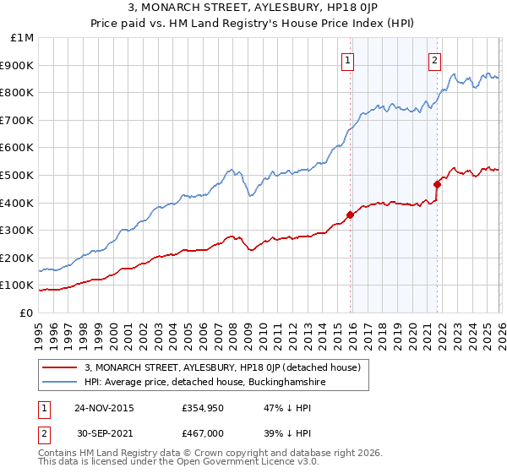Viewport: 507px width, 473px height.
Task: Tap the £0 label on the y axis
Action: [26, 313]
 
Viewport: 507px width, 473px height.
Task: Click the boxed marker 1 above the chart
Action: [348, 60]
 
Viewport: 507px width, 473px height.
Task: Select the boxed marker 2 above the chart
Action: [434, 60]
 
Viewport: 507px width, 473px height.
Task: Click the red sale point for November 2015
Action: [351, 215]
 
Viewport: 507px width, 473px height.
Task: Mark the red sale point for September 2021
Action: [438, 184]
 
